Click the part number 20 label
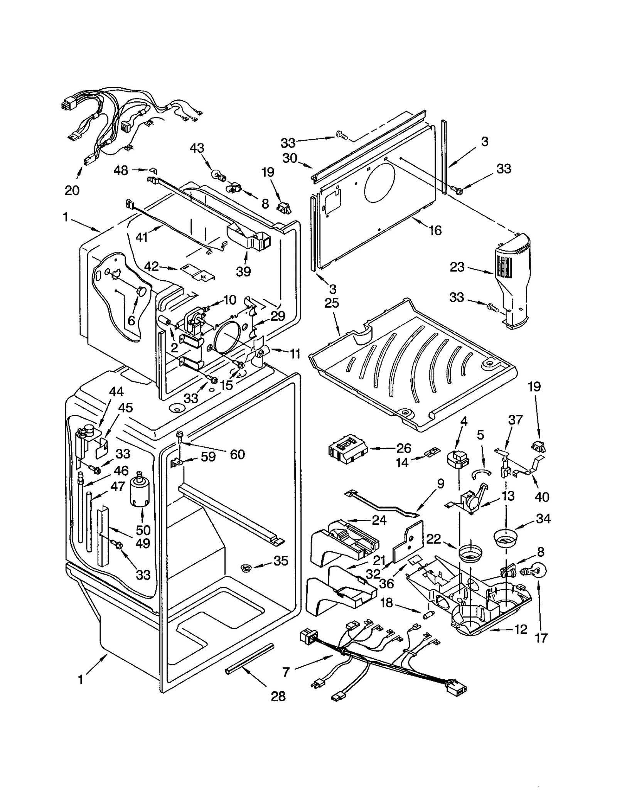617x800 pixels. coord(72,190)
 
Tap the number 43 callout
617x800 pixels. coord(197,148)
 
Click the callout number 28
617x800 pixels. coord(278,696)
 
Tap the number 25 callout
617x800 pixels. coord(331,303)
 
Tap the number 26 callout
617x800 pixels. coord(403,448)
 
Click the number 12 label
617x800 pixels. coord(521,630)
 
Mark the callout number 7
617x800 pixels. coord(285,672)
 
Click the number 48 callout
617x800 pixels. coord(121,170)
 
